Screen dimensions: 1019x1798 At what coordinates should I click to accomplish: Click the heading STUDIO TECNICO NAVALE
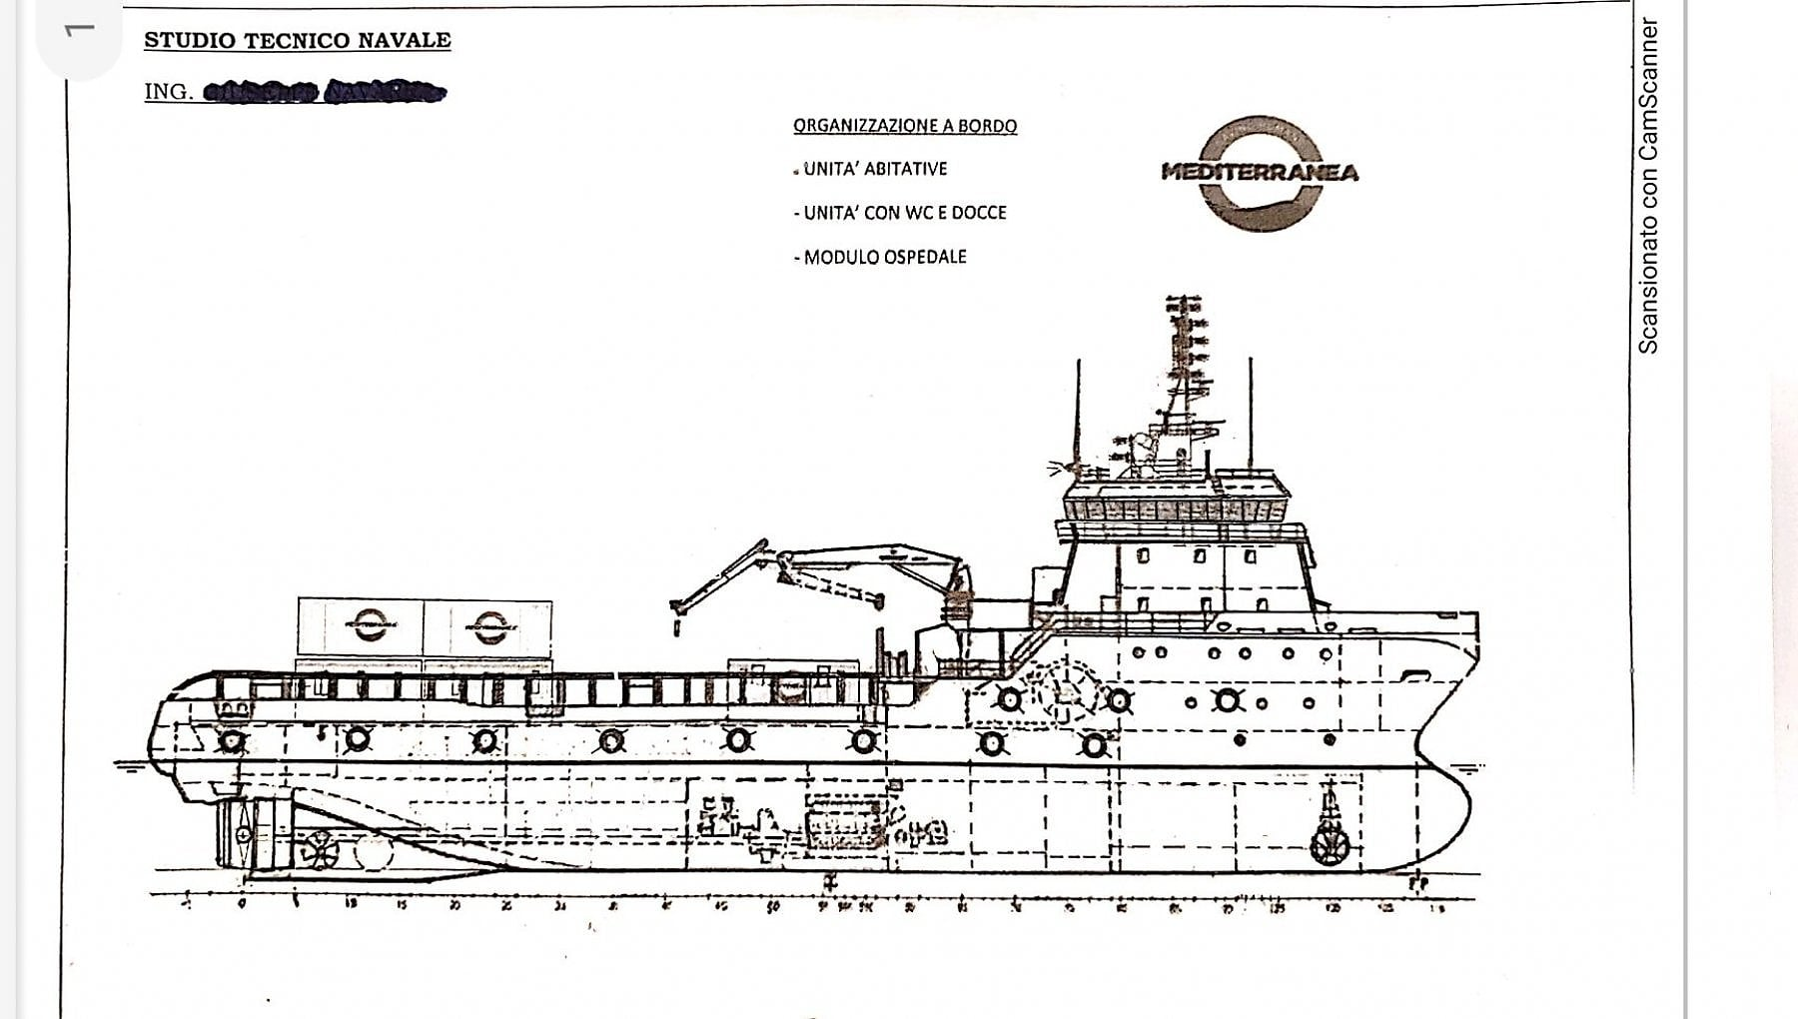[297, 41]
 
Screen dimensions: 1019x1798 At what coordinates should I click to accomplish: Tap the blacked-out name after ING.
[325, 92]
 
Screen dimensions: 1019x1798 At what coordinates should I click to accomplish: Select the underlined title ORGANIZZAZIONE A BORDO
[905, 126]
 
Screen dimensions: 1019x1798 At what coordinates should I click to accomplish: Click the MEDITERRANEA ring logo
[1261, 173]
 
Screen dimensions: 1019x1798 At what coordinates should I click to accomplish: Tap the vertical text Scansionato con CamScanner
[1648, 186]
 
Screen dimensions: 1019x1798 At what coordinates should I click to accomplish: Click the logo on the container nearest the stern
[370, 625]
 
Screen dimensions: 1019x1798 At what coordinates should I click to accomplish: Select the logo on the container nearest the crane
[489, 627]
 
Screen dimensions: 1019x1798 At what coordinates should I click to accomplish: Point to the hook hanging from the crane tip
[676, 626]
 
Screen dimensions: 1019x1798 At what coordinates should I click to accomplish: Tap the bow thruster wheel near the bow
[1330, 846]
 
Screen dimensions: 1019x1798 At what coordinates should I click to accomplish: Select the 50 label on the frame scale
[773, 907]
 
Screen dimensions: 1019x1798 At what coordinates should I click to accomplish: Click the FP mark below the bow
[1418, 883]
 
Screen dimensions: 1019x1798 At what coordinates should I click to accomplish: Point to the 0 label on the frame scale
[242, 904]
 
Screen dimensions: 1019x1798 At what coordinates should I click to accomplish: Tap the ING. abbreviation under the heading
[168, 92]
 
